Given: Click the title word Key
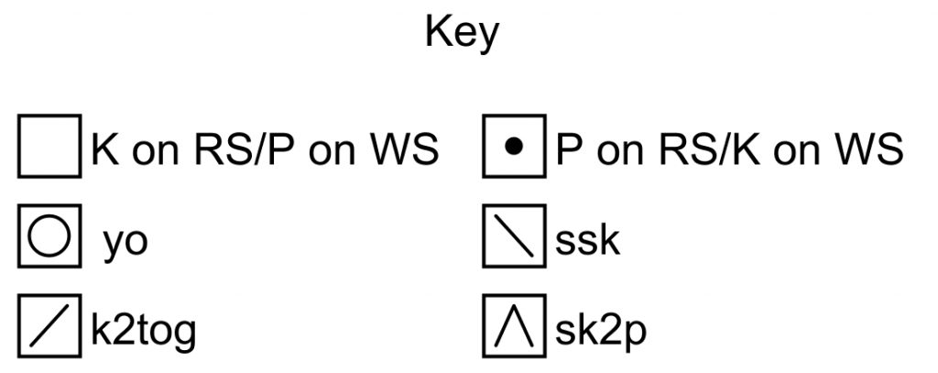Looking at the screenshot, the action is (x=462, y=32).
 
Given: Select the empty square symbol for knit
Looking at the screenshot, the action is (x=49, y=146).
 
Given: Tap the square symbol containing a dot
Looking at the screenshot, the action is (x=514, y=146).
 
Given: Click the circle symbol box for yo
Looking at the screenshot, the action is (x=49, y=236).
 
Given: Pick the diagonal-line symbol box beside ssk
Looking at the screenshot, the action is (x=514, y=236).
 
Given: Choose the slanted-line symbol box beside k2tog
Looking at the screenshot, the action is (x=49, y=325).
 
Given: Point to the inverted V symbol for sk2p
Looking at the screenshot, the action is (x=514, y=325).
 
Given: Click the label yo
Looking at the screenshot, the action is (x=125, y=243).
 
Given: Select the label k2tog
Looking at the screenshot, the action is (x=144, y=331).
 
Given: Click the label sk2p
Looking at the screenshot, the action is (x=601, y=331).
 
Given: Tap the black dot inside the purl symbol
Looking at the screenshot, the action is (x=514, y=146).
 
